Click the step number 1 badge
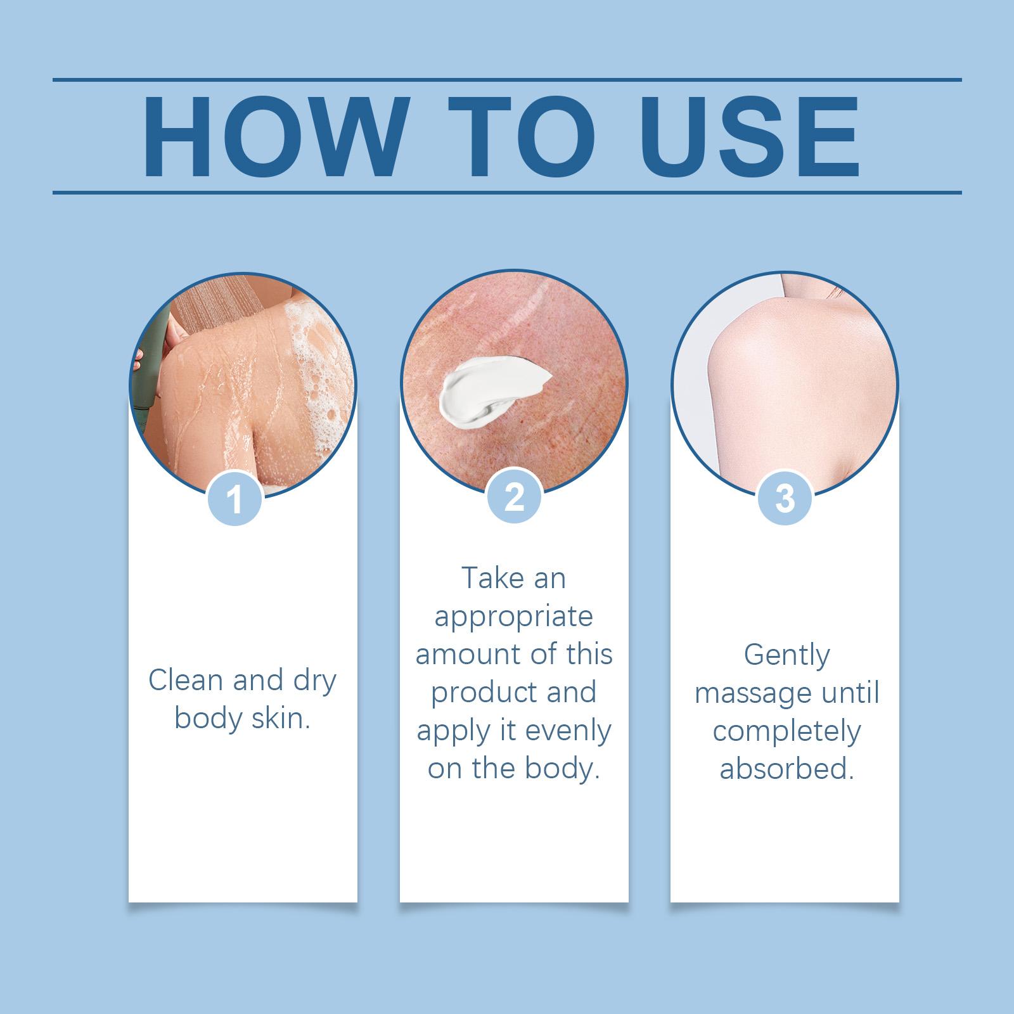[x=235, y=497]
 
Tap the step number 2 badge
[x=514, y=497]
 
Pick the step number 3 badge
[x=785, y=497]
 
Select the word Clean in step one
[x=186, y=681]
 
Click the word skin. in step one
[x=283, y=719]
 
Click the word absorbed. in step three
[x=786, y=769]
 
